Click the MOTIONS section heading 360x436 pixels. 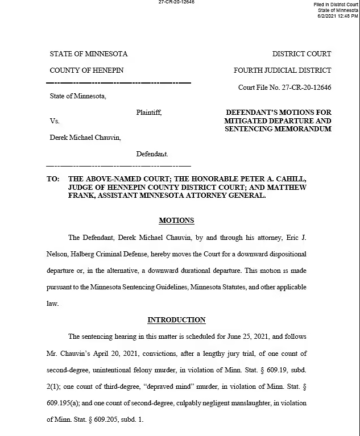176,221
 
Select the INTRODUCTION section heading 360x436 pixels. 176,320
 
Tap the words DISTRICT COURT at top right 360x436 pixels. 301,54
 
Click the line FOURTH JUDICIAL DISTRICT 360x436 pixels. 282,70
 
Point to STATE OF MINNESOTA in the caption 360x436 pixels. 89,54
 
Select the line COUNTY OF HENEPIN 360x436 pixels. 86,70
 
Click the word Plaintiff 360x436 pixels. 149,113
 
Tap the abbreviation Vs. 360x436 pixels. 55,121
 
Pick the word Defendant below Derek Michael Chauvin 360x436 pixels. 152,154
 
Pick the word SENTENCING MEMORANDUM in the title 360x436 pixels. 278,129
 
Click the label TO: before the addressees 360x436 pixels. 53,178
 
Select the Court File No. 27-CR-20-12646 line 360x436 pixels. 284,88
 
